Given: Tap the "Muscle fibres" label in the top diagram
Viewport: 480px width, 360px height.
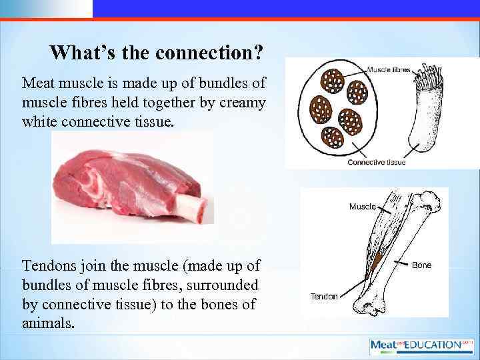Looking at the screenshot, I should [x=389, y=69].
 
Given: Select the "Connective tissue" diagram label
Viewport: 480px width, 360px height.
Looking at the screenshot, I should [x=376, y=162].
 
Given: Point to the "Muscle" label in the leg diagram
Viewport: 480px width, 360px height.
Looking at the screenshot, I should [x=362, y=207].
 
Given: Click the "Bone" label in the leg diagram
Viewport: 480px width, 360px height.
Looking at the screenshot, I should [x=421, y=265].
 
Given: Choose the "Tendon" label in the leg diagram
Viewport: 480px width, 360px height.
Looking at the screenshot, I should [x=324, y=296].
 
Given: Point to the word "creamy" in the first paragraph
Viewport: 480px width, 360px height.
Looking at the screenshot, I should [x=244, y=103].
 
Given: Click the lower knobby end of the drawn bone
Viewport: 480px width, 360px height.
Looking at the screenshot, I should [x=369, y=305].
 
